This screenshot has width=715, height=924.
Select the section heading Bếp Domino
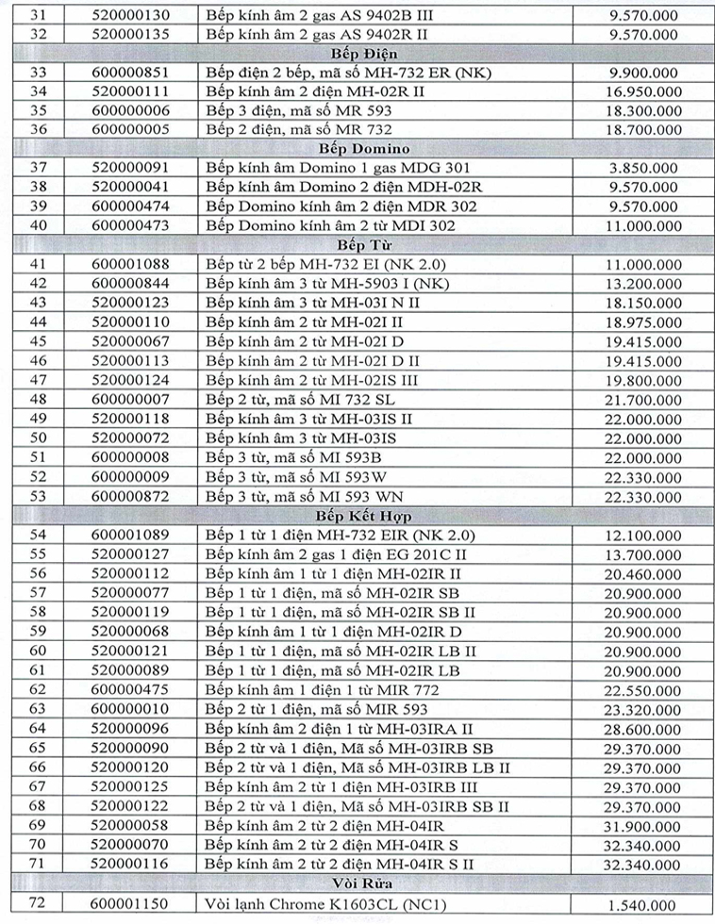358,149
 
